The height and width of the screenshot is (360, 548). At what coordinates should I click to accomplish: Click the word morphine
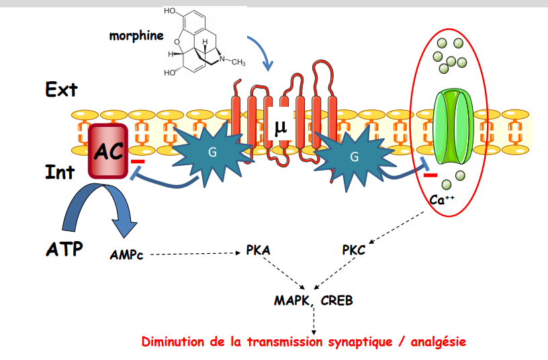(x=136, y=36)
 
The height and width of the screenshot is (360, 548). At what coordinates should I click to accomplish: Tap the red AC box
(x=108, y=152)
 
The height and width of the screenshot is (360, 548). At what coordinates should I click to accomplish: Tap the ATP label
(x=64, y=249)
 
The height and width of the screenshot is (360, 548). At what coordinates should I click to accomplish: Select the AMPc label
(x=126, y=255)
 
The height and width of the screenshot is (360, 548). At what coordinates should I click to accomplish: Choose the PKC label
(x=353, y=251)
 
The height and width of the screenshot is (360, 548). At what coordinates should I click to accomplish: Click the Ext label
(x=62, y=89)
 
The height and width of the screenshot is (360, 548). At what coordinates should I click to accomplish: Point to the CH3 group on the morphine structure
(x=236, y=62)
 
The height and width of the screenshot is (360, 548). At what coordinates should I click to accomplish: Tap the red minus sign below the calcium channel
(x=430, y=176)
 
